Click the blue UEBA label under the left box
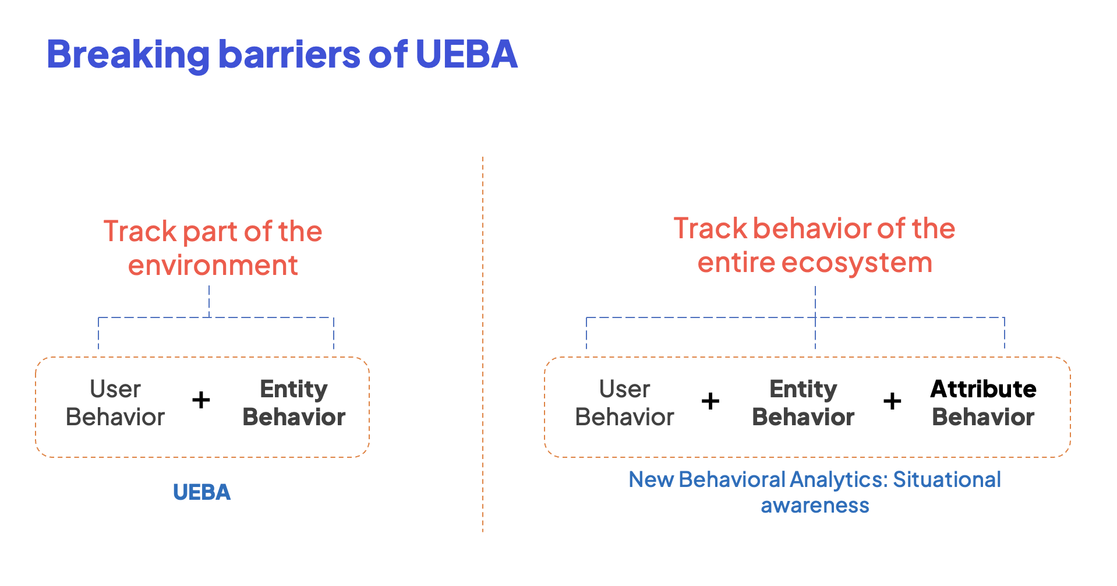[x=202, y=493]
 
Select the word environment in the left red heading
[x=213, y=266]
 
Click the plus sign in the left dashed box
[x=201, y=400]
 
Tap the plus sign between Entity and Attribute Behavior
[x=892, y=401]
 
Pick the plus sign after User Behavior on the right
[x=710, y=401]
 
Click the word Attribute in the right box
[x=983, y=389]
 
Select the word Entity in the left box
[x=294, y=389]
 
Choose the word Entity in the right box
[x=803, y=389]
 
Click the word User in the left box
[x=115, y=389]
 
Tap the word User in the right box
[x=624, y=389]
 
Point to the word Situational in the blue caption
[x=947, y=480]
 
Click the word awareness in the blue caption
[x=815, y=506]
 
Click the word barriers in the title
[x=289, y=54]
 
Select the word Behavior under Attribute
[x=983, y=418]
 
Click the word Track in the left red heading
[x=140, y=232]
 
